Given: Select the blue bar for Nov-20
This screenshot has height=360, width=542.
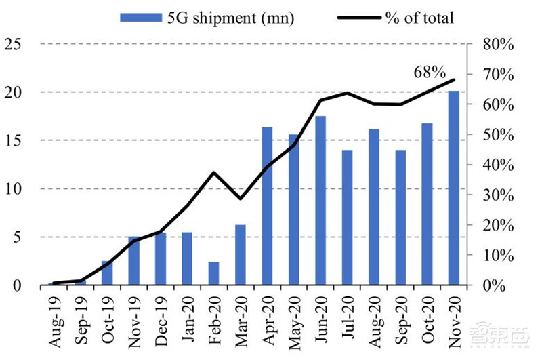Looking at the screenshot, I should click(453, 188).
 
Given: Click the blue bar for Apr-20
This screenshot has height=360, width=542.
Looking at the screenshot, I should click(268, 206).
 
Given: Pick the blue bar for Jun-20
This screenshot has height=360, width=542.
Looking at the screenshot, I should click(320, 201).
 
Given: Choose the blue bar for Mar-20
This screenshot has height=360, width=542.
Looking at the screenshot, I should click(241, 255).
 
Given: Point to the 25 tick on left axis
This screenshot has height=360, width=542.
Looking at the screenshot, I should click(14, 44).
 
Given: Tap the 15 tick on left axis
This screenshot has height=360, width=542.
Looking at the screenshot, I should click(14, 140).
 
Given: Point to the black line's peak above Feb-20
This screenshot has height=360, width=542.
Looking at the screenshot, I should click(214, 172).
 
